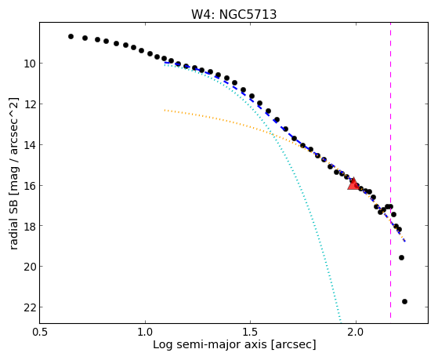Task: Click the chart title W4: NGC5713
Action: point(233,14)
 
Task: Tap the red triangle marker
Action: point(353,184)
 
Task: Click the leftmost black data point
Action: point(71,36)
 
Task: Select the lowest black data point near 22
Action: point(404,301)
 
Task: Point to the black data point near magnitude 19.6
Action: point(401,257)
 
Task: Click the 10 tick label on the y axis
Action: point(30,64)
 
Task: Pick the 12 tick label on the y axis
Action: point(30,104)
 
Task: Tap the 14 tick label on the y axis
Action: point(30,145)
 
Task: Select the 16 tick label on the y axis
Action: point(30,185)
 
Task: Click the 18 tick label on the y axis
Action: point(30,226)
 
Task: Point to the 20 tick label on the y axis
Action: point(30,267)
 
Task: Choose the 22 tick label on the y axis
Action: point(30,307)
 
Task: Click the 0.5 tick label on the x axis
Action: point(40,332)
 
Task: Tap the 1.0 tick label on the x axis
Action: point(145,332)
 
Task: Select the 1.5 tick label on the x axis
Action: point(251,332)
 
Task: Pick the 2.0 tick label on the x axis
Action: point(356,332)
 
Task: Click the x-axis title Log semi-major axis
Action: point(210,344)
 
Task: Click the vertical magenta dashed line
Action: point(390,173)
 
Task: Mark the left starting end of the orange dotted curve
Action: point(165,111)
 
